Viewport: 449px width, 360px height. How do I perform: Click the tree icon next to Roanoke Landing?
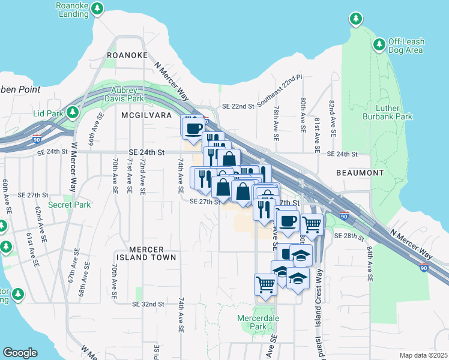(x=99, y=9)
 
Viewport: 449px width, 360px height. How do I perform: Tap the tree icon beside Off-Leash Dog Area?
(x=379, y=45)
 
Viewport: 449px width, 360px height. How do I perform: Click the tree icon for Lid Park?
(x=73, y=112)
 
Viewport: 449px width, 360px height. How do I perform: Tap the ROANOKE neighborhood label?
(x=127, y=55)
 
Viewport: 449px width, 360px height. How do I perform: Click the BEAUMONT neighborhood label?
(x=360, y=173)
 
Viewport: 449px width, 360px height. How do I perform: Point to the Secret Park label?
(x=70, y=205)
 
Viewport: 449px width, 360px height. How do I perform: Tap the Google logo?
(x=20, y=353)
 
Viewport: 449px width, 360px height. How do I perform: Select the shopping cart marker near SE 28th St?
(x=312, y=225)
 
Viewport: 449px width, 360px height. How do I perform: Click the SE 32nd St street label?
(x=148, y=304)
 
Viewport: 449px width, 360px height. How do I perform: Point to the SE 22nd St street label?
(x=238, y=106)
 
